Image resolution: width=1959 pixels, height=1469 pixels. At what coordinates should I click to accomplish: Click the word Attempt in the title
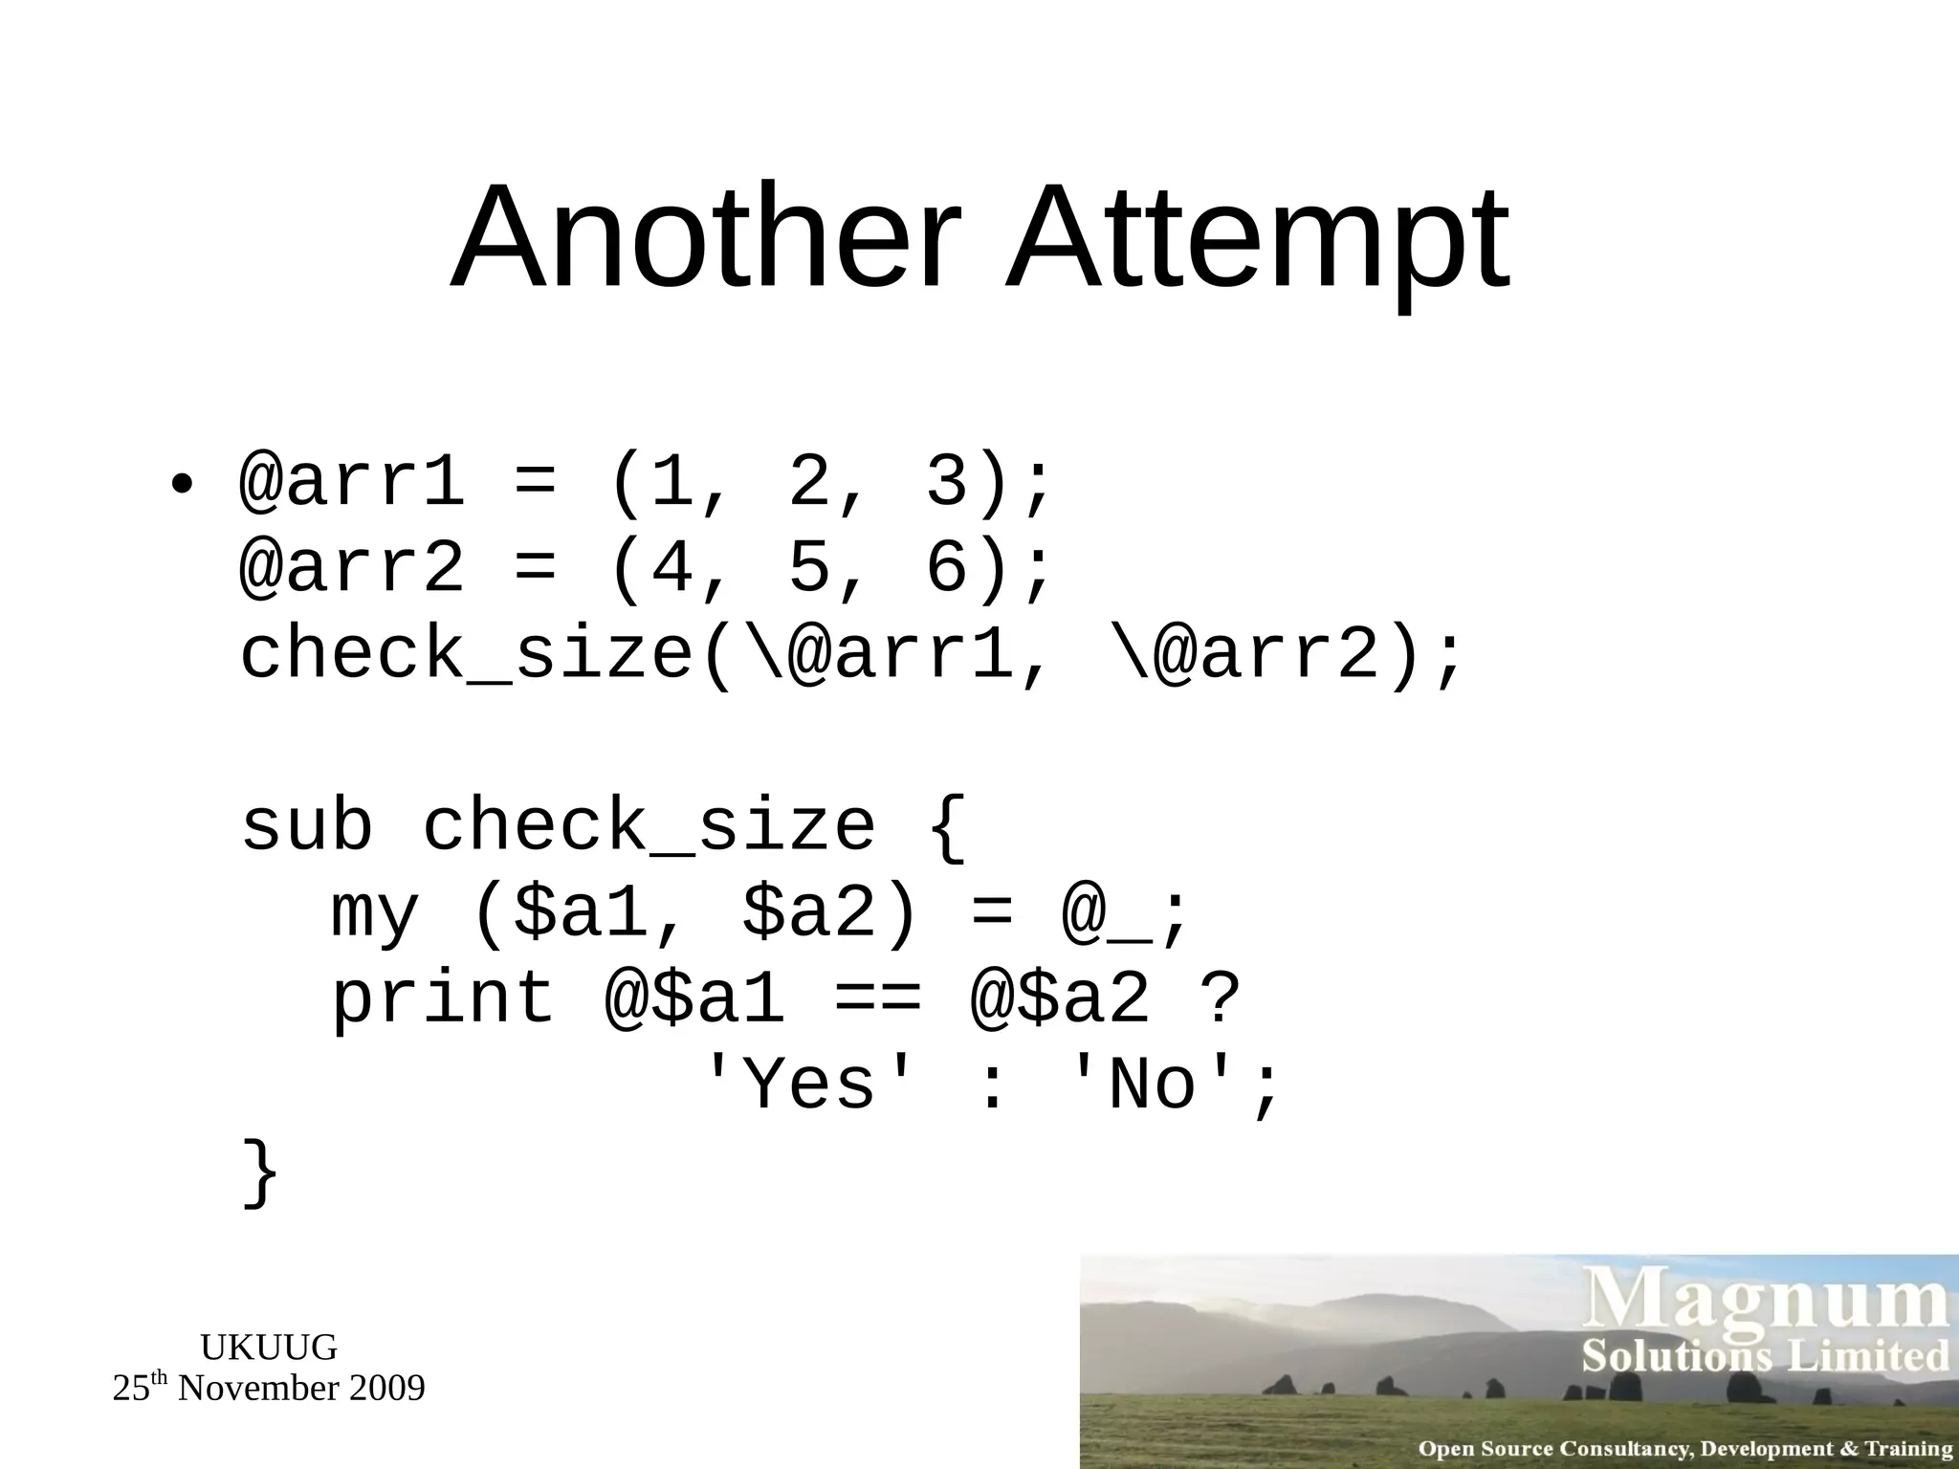[x=1256, y=239]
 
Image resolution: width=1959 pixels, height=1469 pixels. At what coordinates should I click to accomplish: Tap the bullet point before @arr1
[x=180, y=483]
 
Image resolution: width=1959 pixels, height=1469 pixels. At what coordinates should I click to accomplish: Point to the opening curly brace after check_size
[x=948, y=828]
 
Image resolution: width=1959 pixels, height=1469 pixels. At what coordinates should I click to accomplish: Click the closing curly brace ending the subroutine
[x=260, y=1173]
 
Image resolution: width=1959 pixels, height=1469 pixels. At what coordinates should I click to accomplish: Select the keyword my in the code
[x=375, y=913]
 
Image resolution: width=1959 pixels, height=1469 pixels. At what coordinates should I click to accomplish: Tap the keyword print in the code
[x=443, y=998]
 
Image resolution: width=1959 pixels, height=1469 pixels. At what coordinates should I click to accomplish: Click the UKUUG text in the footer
[x=269, y=1348]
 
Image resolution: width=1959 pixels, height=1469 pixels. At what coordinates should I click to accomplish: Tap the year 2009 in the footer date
[x=385, y=1389]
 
